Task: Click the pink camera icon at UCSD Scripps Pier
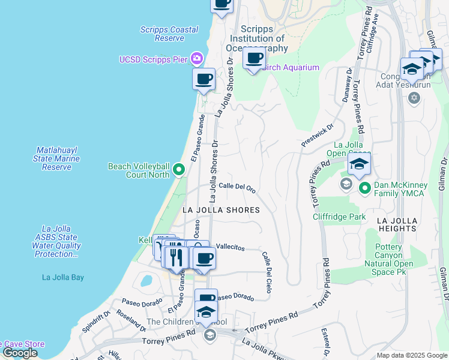pyautogui.click(x=196, y=59)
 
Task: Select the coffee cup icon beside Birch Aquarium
pyautogui.click(x=254, y=59)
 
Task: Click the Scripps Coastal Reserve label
pyautogui.click(x=169, y=34)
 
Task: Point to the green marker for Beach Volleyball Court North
pyautogui.click(x=178, y=171)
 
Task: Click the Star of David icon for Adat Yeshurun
pyautogui.click(x=414, y=98)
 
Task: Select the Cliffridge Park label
pyautogui.click(x=339, y=217)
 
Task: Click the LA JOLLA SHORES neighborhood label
pyautogui.click(x=221, y=210)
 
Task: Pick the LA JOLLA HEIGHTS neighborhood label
pyautogui.click(x=396, y=224)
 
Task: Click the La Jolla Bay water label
pyautogui.click(x=63, y=277)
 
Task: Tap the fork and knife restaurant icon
pyautogui.click(x=176, y=257)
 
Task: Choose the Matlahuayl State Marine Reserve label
pyautogui.click(x=56, y=158)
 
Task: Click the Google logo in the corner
pyautogui.click(x=20, y=353)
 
